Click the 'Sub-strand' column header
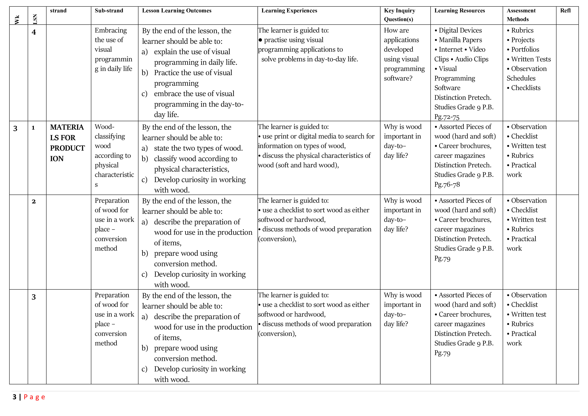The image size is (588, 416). point(109,11)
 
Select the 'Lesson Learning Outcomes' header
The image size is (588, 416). point(177,11)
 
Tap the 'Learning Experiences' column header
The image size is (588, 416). point(289,11)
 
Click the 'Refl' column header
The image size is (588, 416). point(565,11)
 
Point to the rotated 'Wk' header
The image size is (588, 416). point(17,20)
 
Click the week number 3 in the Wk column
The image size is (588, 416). point(15,128)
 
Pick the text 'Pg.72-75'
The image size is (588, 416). point(447,117)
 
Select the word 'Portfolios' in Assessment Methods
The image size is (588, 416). point(525,49)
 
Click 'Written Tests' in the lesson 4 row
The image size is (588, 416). point(531,59)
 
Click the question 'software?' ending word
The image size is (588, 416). point(398,78)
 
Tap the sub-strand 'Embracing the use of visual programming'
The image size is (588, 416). point(113,49)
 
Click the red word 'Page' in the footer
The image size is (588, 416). point(34,397)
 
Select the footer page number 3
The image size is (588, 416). point(14,397)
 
